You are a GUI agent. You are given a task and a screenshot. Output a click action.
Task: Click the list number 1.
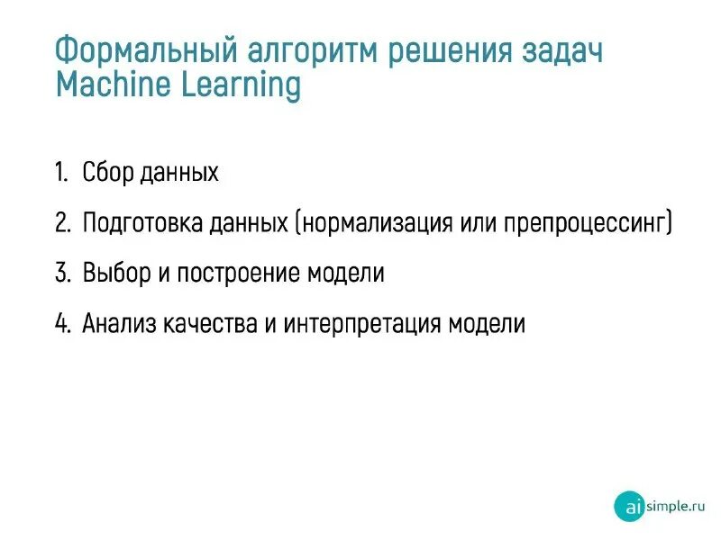[60, 172]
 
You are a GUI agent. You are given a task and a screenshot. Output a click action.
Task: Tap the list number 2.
[61, 223]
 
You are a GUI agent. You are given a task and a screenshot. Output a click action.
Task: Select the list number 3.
[61, 274]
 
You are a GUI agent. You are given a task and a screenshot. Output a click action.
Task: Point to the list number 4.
[61, 324]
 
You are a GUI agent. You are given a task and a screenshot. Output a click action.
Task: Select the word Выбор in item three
[116, 274]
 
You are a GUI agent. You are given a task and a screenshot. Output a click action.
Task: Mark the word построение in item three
[237, 274]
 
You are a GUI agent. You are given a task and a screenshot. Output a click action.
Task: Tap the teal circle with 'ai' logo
[629, 507]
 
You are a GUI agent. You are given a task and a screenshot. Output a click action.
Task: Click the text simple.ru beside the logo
[675, 506]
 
